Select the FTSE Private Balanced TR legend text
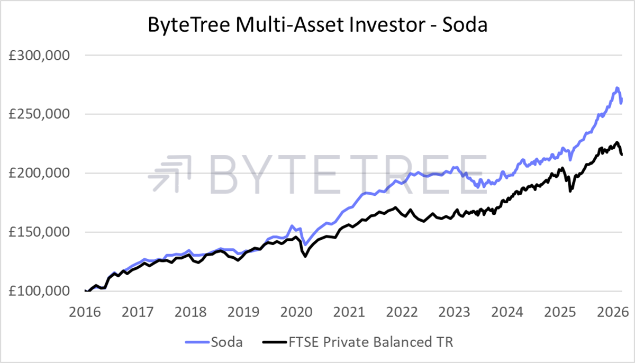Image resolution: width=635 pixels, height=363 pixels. pos(373,342)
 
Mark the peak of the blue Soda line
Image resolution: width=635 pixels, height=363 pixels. pos(617,88)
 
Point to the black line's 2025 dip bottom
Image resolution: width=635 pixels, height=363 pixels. pos(570,191)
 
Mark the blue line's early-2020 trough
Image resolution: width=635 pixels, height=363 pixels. pos(305,244)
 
